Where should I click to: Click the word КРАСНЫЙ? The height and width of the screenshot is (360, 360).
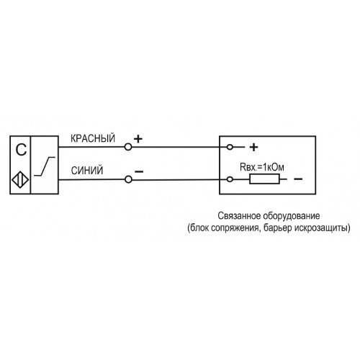point(93,138)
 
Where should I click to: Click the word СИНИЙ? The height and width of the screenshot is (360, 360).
point(87,171)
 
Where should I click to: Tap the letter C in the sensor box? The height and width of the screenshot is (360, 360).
point(21,150)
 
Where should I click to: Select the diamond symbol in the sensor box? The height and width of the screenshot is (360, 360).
point(20,180)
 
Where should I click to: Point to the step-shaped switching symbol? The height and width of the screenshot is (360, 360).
point(45,166)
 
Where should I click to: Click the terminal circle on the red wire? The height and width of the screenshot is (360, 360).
point(128,147)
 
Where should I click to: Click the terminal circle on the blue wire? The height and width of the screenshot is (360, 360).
point(128,179)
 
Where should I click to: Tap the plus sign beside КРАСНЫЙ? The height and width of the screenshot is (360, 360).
point(138,139)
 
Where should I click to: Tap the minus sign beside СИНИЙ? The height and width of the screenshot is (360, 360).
point(139,171)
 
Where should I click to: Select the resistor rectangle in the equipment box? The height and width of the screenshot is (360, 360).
point(264,179)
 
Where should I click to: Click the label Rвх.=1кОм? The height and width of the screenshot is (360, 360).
point(262,167)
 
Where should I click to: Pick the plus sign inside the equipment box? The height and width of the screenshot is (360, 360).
point(253,147)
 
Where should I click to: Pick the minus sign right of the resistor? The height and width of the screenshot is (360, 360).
point(298,179)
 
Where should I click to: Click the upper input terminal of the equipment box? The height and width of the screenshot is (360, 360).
point(230,147)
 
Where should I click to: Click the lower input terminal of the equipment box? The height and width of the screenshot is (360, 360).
point(230,179)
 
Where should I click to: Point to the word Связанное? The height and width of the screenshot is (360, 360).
point(239,216)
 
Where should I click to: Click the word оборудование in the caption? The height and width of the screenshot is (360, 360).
point(292,216)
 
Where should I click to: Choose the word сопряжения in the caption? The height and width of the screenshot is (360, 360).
point(236,228)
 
